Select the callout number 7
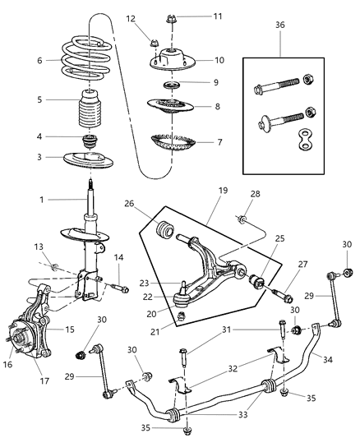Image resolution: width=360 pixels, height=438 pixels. pyautogui.click(x=219, y=142)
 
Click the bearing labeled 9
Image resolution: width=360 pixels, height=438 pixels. pyautogui.click(x=173, y=86)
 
